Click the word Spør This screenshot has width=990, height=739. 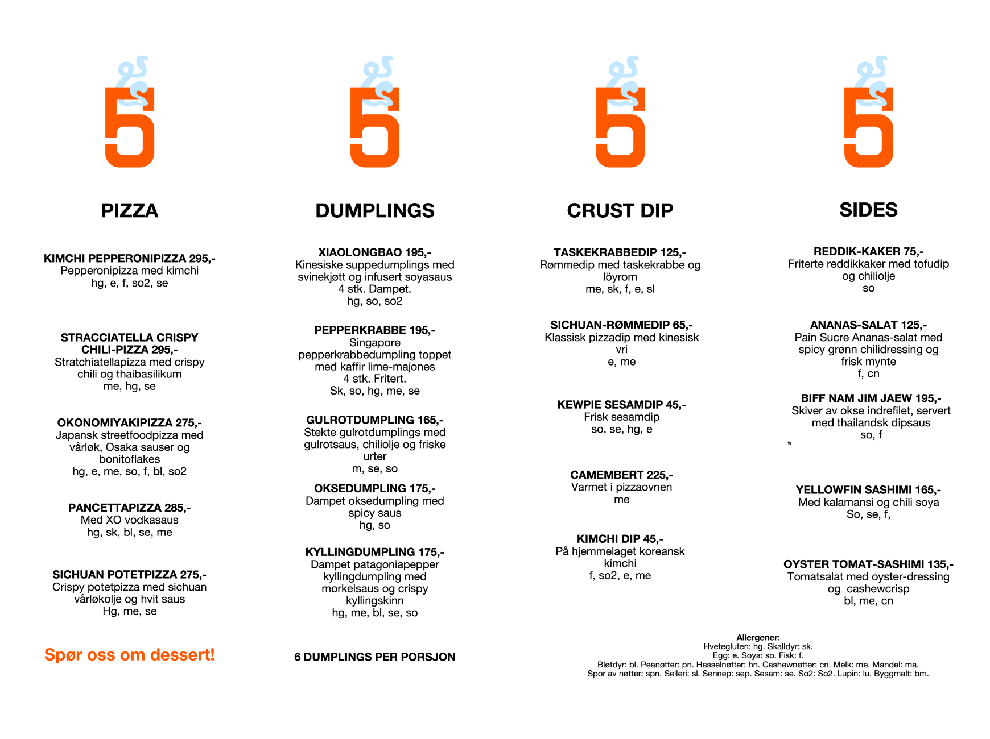coord(63,655)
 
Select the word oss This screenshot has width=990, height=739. coord(101,655)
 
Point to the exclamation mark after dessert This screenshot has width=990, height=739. coord(213,654)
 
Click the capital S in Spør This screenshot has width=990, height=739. coord(49,654)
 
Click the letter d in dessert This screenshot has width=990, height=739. coord(155,655)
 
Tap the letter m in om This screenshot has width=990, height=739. coord(139,656)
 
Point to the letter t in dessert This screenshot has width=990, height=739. coord(208,655)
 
